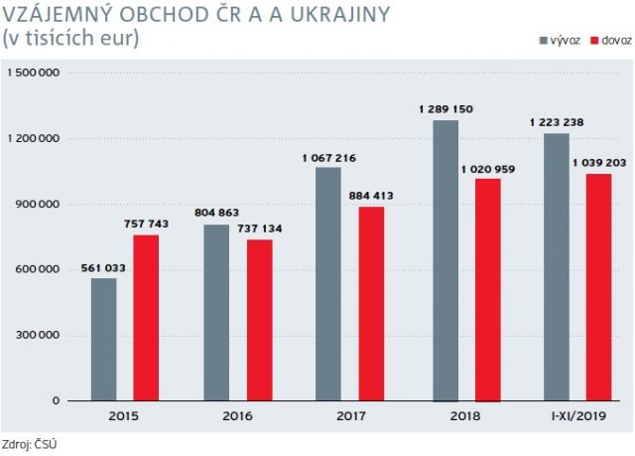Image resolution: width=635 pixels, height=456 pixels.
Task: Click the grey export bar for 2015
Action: pos(103,339)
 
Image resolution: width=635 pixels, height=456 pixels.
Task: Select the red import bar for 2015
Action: pos(146,318)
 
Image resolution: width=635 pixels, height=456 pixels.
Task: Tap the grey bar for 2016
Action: pos(216,313)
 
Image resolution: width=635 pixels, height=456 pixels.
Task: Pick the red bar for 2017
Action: pos(371,304)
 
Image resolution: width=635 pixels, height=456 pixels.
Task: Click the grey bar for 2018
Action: pos(445,260)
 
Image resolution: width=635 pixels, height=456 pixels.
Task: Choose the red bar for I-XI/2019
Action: pos(598,287)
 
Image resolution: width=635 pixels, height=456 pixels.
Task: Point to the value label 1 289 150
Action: pos(445,109)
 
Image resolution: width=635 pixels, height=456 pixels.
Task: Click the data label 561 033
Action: pos(103,268)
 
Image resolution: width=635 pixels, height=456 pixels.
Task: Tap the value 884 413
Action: pos(371,196)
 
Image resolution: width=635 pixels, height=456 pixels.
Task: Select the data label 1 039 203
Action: pos(599,163)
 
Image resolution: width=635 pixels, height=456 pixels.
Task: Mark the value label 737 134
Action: pos(260,228)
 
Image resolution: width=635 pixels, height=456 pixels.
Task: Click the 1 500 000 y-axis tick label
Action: pos(34,73)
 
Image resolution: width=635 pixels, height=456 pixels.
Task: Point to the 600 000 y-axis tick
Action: pos(38,269)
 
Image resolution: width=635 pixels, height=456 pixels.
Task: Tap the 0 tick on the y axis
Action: pos(56,400)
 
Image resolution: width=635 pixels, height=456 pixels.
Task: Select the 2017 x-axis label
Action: pos(351,416)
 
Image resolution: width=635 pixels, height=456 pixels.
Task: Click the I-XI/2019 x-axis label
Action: pos(578,416)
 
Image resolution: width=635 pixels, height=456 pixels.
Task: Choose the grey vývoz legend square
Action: pos(544,41)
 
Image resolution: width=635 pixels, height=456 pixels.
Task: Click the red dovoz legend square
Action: pos(594,41)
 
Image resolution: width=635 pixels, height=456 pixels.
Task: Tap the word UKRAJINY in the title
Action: pos(334,15)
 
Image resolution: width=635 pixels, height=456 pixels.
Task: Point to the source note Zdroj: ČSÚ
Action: pos(29,444)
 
